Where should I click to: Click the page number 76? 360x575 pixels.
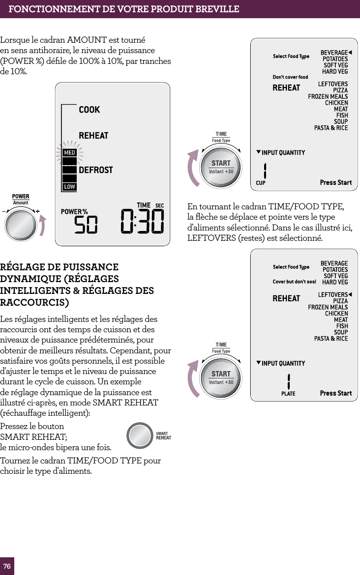(x=7, y=566)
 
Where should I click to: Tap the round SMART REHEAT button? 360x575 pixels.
(x=140, y=435)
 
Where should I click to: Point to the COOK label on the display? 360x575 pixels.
(x=89, y=110)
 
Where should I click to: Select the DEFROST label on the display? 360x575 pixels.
(x=95, y=170)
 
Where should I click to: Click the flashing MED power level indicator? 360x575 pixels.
(x=69, y=153)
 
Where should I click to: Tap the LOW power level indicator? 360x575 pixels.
(x=69, y=187)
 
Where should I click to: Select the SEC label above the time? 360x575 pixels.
(x=159, y=205)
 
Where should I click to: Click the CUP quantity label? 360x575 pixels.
(x=261, y=183)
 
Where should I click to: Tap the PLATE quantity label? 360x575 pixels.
(x=288, y=394)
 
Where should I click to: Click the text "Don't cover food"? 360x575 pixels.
(x=290, y=77)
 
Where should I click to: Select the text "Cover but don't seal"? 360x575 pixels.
(x=294, y=282)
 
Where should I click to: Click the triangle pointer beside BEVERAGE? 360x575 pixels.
(x=350, y=52)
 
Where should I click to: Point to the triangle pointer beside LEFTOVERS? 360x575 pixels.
(x=350, y=294)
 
